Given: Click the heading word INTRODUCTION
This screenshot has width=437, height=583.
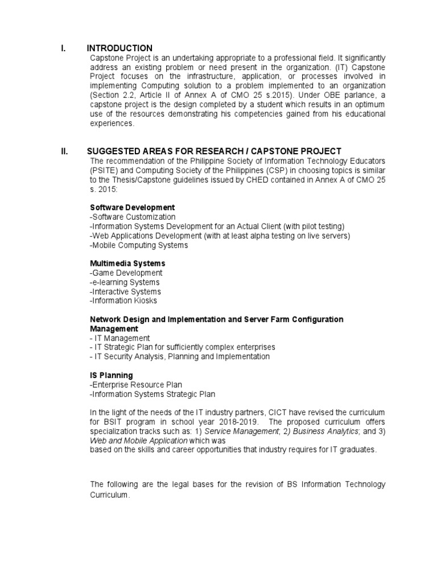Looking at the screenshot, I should click(119, 48).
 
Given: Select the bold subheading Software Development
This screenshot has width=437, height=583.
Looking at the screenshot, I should click(133, 207).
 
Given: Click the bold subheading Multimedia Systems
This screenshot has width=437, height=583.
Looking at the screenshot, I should click(128, 264).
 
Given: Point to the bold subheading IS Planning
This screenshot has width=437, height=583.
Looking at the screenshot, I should click(112, 375).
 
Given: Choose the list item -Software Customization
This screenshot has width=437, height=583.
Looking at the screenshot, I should click(133, 217).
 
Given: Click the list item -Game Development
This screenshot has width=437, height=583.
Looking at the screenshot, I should click(126, 273).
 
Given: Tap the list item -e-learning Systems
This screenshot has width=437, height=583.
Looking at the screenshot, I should click(125, 282).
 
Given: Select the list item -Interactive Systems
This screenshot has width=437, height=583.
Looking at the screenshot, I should click(125, 291).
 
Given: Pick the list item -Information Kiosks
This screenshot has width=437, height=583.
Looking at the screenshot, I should click(123, 301).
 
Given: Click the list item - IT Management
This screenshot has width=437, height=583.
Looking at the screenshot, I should click(120, 338).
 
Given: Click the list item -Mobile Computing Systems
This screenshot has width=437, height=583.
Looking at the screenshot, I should click(138, 245).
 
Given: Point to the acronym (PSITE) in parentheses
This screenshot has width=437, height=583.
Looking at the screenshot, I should click(104, 170).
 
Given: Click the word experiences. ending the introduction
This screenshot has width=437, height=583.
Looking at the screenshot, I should click(112, 124).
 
